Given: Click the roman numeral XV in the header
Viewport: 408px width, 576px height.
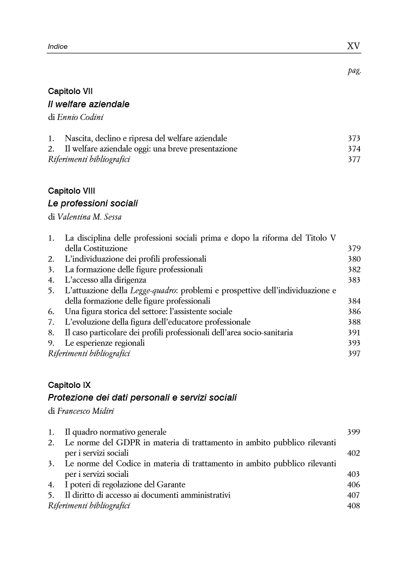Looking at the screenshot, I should [353, 46].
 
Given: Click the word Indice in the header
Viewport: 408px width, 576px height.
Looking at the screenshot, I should [58, 47].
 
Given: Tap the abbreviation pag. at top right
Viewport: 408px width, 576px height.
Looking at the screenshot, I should [354, 71].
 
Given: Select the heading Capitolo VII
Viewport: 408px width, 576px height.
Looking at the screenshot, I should [70, 92].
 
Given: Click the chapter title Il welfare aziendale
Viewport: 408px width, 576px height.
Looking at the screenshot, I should [88, 104].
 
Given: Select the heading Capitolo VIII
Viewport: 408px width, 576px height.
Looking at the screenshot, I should [72, 191].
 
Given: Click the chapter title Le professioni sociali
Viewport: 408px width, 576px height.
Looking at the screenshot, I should [92, 203].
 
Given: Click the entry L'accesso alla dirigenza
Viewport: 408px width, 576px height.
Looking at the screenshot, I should [105, 280].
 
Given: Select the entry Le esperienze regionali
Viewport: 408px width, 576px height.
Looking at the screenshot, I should [105, 343].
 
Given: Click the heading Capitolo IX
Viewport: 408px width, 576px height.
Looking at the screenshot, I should [70, 385].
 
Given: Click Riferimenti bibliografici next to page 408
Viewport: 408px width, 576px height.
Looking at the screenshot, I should [89, 506].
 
